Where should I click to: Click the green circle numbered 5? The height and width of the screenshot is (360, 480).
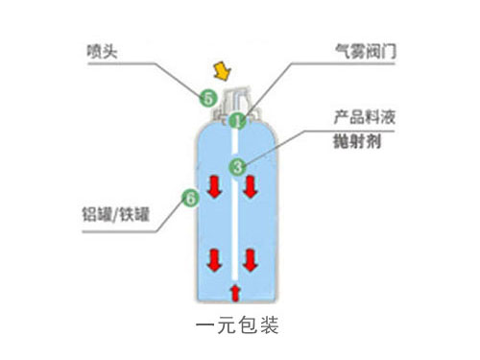click(x=206, y=97)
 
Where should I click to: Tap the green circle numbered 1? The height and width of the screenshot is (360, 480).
click(x=237, y=121)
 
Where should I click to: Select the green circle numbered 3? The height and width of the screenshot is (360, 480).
click(x=237, y=166)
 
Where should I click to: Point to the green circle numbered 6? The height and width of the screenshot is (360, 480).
click(x=189, y=200)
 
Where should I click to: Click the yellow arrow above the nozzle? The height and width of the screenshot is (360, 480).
click(x=223, y=69)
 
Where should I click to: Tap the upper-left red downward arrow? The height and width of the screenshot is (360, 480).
click(x=214, y=189)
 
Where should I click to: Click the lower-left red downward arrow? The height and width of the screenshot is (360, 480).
click(x=214, y=259)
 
